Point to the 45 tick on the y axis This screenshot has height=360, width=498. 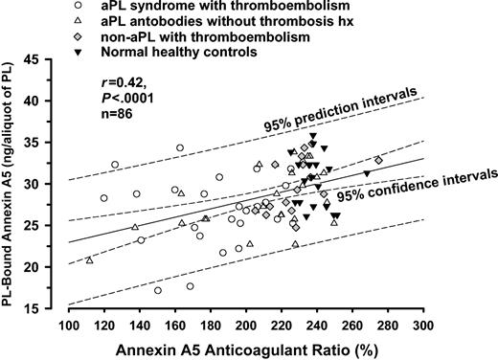tap(53, 59)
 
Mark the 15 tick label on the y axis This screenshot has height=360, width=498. tap(53, 308)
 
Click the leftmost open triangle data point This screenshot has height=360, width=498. tap(89, 260)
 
